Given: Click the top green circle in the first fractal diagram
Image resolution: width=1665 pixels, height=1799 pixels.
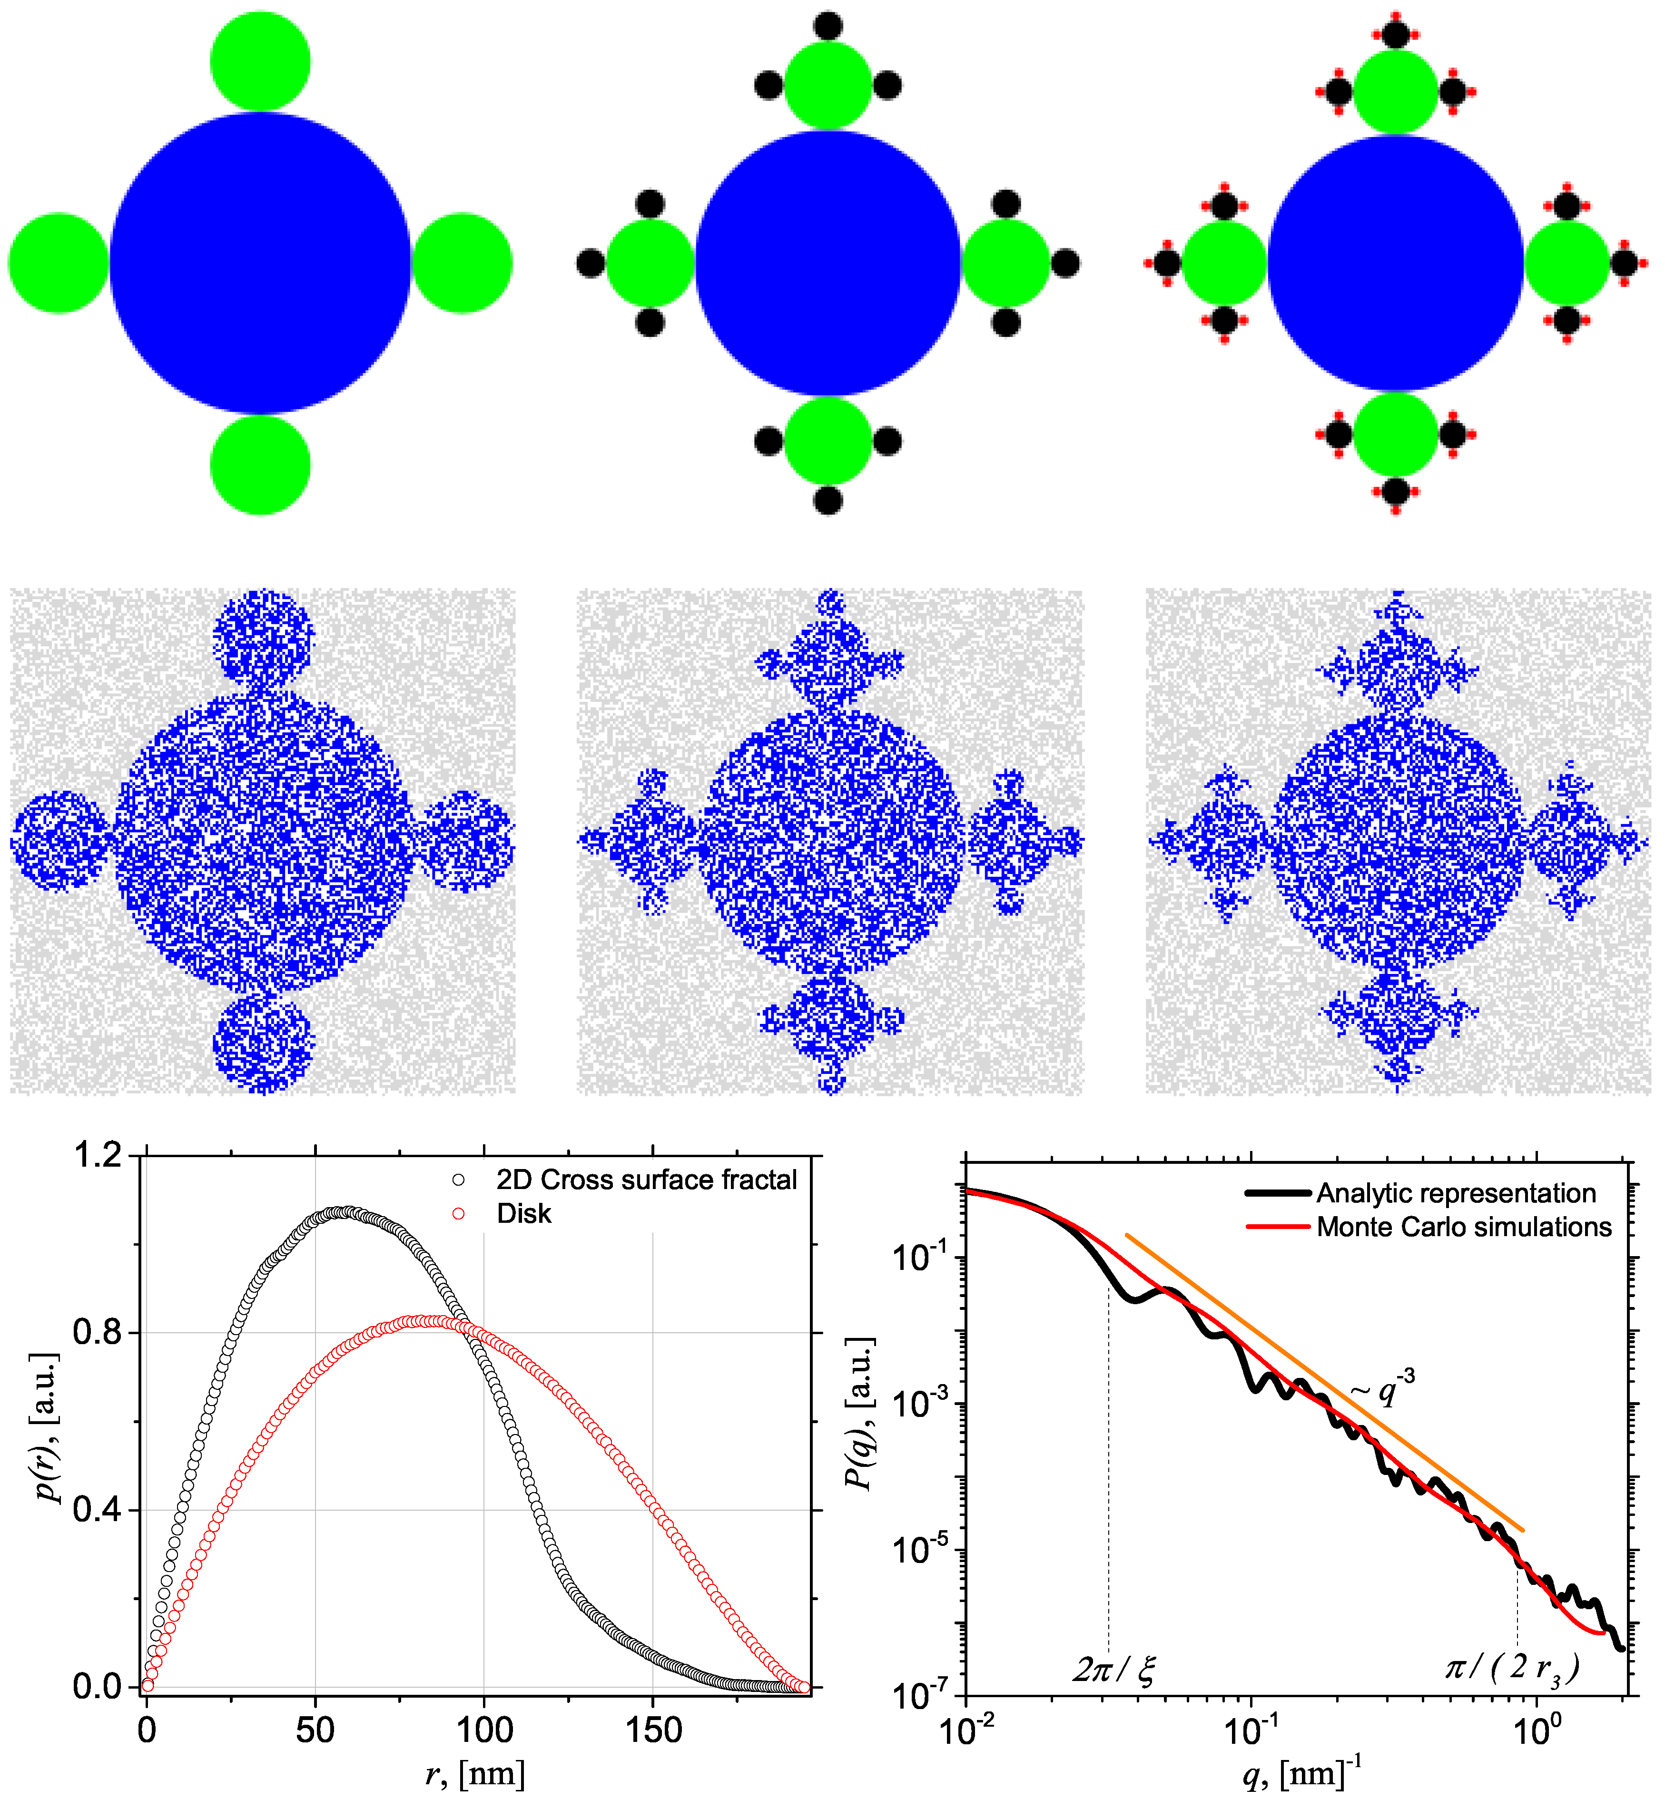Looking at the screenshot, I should pyautogui.click(x=260, y=61).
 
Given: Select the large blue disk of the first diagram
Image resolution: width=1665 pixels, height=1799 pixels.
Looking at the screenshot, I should pyautogui.click(x=260, y=263).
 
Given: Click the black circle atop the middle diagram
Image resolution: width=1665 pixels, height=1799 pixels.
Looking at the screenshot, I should pyautogui.click(x=827, y=26).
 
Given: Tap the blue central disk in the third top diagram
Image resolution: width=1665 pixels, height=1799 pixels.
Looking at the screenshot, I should pyautogui.click(x=1396, y=263).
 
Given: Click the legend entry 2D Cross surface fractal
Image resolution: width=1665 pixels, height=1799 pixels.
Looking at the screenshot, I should pyautogui.click(x=646, y=1180).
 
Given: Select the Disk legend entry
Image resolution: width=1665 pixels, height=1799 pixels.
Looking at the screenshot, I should pyautogui.click(x=523, y=1214).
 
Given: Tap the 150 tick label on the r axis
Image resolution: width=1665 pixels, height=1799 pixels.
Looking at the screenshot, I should pyautogui.click(x=652, y=1730).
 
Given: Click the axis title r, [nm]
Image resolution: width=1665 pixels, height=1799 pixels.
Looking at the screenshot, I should pyautogui.click(x=475, y=1774).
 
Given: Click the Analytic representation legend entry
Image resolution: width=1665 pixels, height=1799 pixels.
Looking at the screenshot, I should pyautogui.click(x=1455, y=1194).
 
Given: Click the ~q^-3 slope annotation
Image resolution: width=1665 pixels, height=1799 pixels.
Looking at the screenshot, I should pyautogui.click(x=1383, y=1388).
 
